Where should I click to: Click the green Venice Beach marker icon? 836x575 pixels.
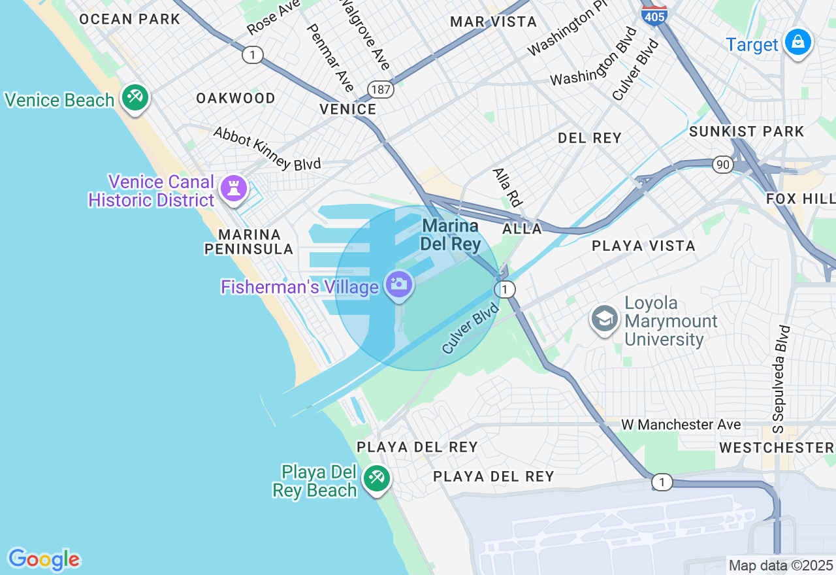click(135, 98)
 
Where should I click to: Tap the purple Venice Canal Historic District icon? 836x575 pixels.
click(233, 188)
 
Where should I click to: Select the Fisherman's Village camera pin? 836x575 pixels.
click(398, 285)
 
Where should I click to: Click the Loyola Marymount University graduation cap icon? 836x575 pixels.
click(605, 320)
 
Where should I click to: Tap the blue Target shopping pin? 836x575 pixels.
click(797, 42)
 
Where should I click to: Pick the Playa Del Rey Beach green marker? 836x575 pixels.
click(376, 478)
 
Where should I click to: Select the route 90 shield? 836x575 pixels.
click(722, 165)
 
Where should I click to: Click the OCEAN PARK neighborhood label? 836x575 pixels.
click(129, 19)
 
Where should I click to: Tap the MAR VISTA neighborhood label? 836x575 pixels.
click(494, 22)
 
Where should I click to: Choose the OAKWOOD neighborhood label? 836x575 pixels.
click(236, 98)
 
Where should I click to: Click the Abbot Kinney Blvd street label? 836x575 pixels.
click(267, 148)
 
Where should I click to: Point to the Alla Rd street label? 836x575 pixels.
click(507, 188)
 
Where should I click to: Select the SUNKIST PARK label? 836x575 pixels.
click(747, 131)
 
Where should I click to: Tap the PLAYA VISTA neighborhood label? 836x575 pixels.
click(643, 246)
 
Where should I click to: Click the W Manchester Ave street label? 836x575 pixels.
click(681, 425)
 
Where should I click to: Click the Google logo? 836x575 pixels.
click(44, 559)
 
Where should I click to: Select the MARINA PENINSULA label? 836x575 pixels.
click(249, 242)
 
